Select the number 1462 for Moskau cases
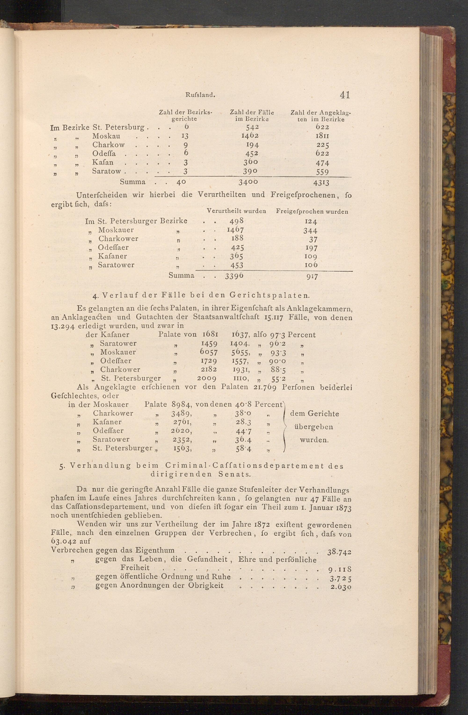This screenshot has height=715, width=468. tap(250, 136)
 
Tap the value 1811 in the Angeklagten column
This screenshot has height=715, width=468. tap(322, 136)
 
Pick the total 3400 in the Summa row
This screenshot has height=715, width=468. tap(248, 182)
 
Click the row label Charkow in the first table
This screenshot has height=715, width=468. tap(108, 145)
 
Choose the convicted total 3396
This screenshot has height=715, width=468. tap(234, 276)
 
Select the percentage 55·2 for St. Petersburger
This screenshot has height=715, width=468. tap(275, 378)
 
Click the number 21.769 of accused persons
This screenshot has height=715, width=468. tap(265, 387)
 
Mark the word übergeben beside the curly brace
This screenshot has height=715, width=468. tap(314, 427)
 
